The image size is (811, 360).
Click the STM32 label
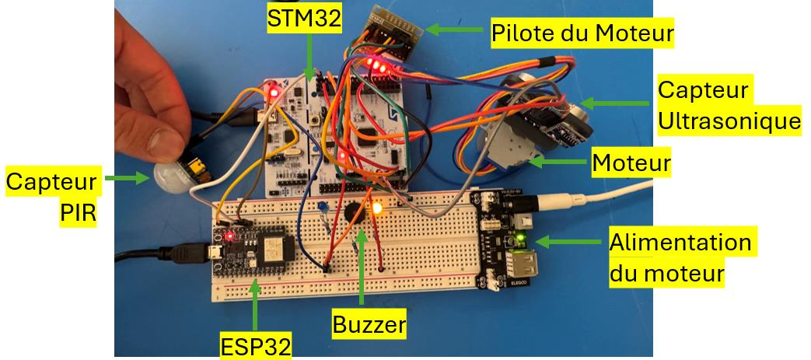point(304,19)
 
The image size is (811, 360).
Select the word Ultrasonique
point(729,122)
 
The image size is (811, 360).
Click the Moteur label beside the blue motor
point(631,163)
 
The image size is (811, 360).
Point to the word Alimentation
point(680,242)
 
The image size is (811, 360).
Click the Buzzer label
point(369,325)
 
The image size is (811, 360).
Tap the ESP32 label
point(256,347)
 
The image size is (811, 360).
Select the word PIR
point(78,213)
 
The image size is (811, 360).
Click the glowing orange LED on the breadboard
point(377,209)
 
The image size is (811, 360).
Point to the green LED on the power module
point(520,239)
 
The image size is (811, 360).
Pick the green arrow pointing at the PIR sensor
point(127,179)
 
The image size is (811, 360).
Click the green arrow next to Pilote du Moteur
point(454,30)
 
